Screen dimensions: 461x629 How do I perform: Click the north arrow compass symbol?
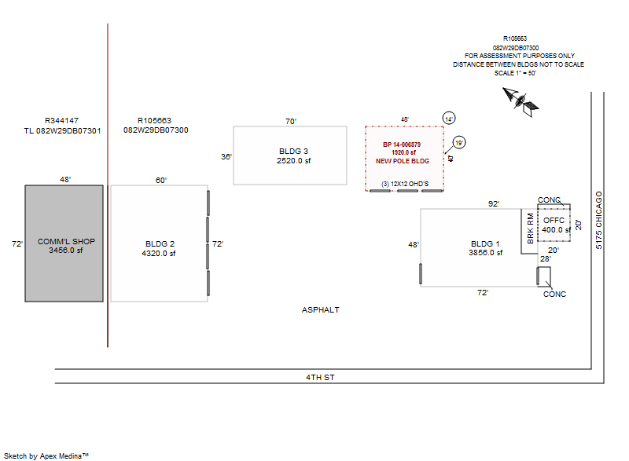click(x=520, y=98)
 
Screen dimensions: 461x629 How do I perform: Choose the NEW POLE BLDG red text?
click(x=402, y=160)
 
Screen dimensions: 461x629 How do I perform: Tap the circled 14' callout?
click(x=449, y=118)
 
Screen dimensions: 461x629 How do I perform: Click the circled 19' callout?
click(x=459, y=143)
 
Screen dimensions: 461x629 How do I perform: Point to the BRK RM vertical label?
click(x=531, y=228)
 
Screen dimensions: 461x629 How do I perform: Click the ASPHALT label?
click(x=321, y=310)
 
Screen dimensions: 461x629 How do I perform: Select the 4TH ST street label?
click(x=321, y=378)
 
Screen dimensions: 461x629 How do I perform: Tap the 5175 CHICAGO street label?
click(x=599, y=220)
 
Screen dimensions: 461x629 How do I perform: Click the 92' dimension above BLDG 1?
click(x=494, y=204)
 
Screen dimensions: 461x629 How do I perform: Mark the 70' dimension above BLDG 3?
click(x=290, y=122)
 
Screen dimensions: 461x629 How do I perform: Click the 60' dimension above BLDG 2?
click(x=161, y=181)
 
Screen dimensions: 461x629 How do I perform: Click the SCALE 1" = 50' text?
click(x=515, y=73)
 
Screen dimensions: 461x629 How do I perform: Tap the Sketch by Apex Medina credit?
click(x=46, y=455)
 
